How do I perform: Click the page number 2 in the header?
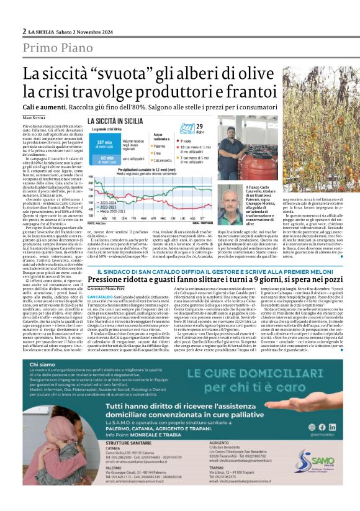point(24,31)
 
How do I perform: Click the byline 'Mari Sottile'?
point(34,117)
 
